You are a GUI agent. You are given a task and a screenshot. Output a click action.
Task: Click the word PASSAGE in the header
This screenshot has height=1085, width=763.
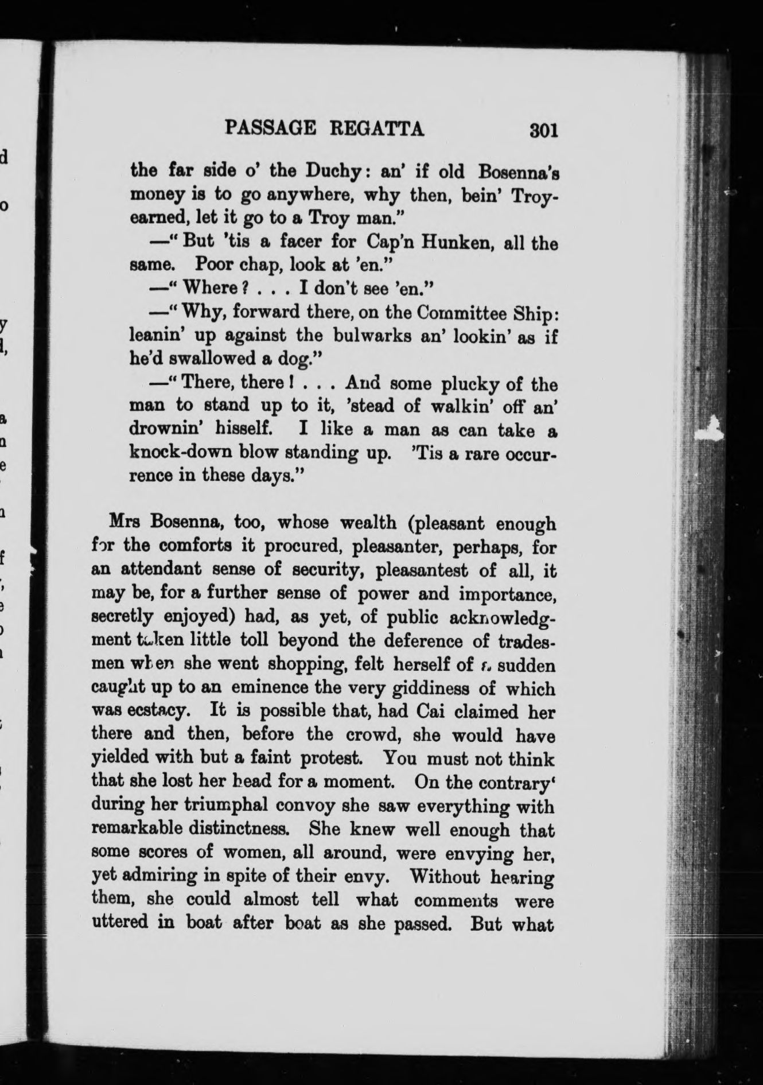[271, 128]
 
